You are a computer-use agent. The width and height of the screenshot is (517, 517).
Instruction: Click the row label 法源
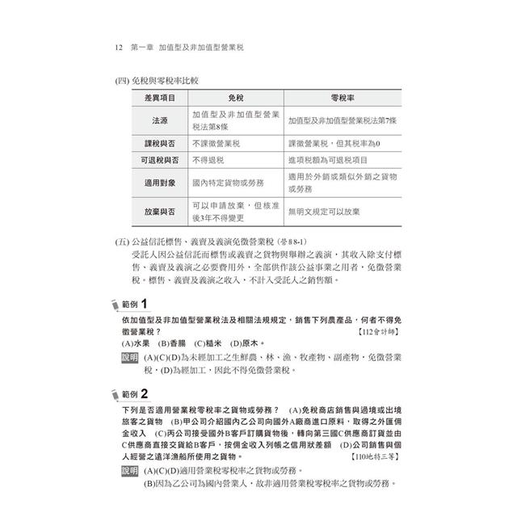[x=160, y=120]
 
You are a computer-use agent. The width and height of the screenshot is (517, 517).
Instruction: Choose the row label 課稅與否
[x=160, y=143]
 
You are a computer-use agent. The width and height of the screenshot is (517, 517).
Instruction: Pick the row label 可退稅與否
[x=160, y=160]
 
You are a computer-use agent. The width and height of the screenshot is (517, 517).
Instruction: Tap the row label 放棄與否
[x=160, y=211]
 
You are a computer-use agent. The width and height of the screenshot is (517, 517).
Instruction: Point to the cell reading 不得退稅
[x=208, y=160]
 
